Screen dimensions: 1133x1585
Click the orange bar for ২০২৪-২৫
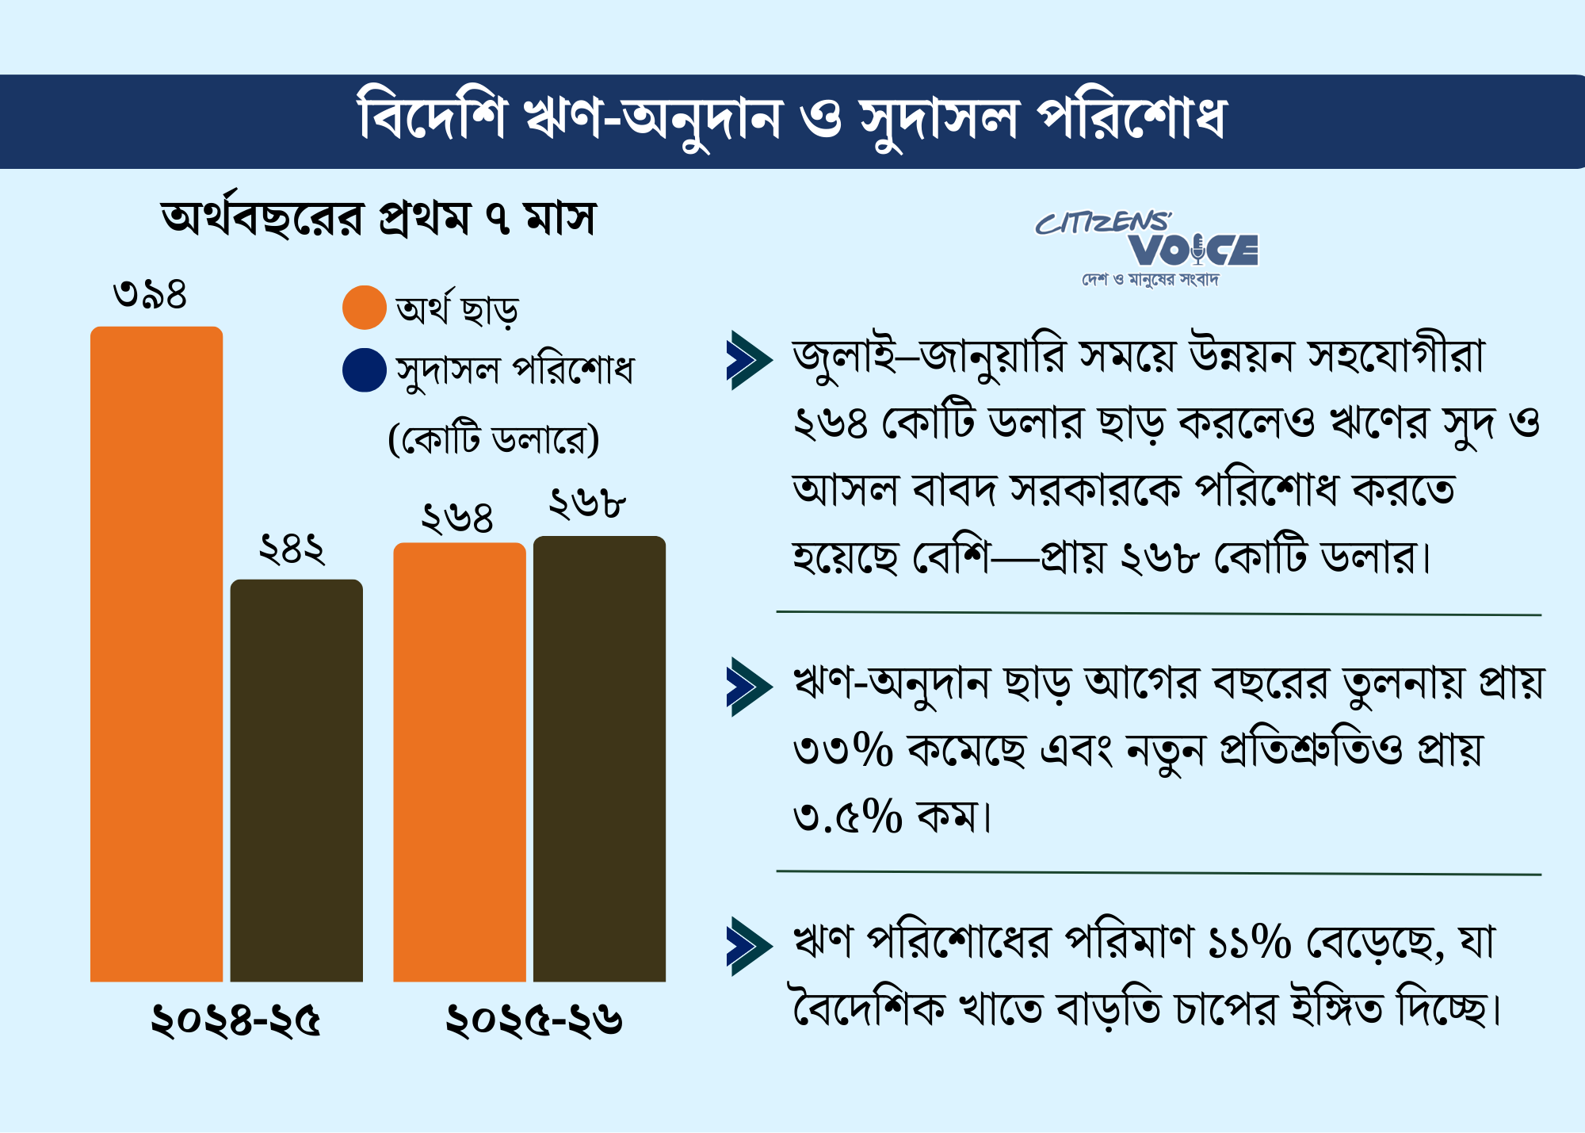(156, 654)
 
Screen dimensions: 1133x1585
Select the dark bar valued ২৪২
(296, 781)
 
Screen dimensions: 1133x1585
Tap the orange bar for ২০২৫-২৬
(460, 762)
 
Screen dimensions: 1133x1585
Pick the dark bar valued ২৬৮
(599, 759)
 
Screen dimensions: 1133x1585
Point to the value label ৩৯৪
(150, 294)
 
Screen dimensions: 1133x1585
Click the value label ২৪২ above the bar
(292, 549)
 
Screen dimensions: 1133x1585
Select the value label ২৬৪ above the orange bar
(457, 518)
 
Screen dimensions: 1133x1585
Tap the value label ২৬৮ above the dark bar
(587, 503)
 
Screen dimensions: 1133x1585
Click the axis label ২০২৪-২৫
(235, 1020)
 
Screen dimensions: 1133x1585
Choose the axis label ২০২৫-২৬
(533, 1020)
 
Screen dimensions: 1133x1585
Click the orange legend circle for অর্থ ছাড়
(365, 308)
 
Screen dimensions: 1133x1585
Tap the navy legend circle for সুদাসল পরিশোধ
(365, 370)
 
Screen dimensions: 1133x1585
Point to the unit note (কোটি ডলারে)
(494, 438)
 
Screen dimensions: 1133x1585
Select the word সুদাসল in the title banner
(938, 121)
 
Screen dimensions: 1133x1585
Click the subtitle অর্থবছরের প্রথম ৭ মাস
(378, 218)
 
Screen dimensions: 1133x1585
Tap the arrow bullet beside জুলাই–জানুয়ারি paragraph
(748, 360)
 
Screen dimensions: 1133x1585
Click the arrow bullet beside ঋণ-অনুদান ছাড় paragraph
(748, 687)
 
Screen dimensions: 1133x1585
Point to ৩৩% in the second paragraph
(843, 749)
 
